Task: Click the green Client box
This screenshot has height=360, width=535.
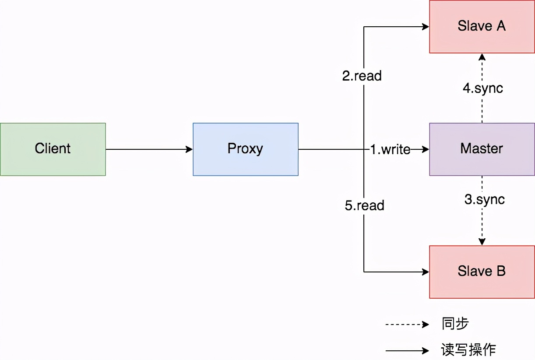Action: pos(53,149)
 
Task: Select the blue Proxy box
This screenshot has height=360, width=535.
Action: pos(246,149)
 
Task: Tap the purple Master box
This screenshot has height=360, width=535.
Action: pos(482,149)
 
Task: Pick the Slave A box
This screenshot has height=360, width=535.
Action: pos(482,26)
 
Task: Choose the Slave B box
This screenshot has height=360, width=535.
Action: pos(482,272)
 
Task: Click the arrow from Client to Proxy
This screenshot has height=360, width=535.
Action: pos(149,149)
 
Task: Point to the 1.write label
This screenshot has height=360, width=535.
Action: pos(390,150)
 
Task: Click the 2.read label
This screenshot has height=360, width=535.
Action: pos(362,76)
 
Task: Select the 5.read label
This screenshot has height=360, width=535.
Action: pos(364,205)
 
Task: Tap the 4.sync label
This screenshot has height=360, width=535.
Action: pos(483,88)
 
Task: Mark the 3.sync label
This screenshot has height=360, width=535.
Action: pos(484,200)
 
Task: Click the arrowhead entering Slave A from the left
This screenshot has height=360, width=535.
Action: pos(426,27)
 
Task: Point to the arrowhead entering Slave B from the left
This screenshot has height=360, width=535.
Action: pos(426,272)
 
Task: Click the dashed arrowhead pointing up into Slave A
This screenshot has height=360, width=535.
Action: pos(482,57)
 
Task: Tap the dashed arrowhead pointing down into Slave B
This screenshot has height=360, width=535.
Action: pos(482,242)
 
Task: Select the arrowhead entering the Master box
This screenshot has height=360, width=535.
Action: pos(426,149)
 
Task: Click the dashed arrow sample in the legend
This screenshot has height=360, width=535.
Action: pos(407,325)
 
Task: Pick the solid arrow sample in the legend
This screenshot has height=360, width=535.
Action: pos(407,350)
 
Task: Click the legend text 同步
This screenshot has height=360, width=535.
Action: pos(455,324)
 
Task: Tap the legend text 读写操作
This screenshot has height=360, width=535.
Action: pos(468,350)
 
